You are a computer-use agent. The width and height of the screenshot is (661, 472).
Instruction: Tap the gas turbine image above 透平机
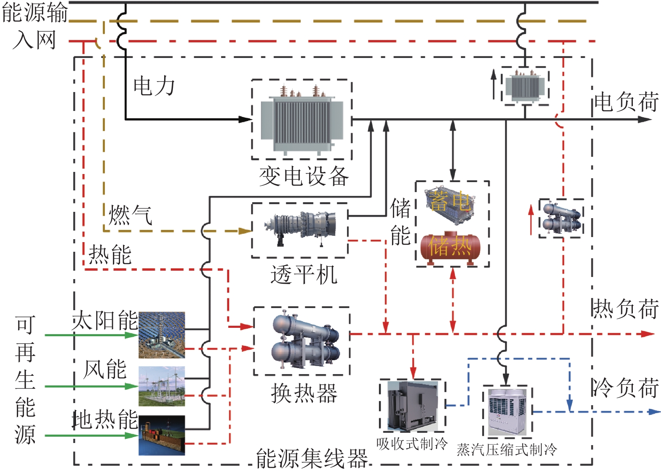pos(300,229)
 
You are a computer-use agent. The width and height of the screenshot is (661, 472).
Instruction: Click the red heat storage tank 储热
pos(450,247)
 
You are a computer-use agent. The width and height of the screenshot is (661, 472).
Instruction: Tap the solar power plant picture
pos(162,335)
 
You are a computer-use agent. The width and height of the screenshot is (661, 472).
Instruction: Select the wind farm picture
pos(162,386)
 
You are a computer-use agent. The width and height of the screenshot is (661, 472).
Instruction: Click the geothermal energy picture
pos(162,435)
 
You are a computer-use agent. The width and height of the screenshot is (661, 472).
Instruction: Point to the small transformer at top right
pos(524,86)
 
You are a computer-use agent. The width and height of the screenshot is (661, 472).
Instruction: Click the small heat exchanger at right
pos(561,218)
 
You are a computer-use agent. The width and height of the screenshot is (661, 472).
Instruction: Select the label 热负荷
pos(625,309)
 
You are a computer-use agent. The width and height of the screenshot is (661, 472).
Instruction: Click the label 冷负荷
pos(625,388)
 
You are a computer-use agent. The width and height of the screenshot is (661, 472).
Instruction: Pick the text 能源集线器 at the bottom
pos(312,458)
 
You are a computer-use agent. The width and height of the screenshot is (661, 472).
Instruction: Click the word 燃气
pos(130,215)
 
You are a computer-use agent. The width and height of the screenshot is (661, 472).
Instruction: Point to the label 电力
pos(154,86)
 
